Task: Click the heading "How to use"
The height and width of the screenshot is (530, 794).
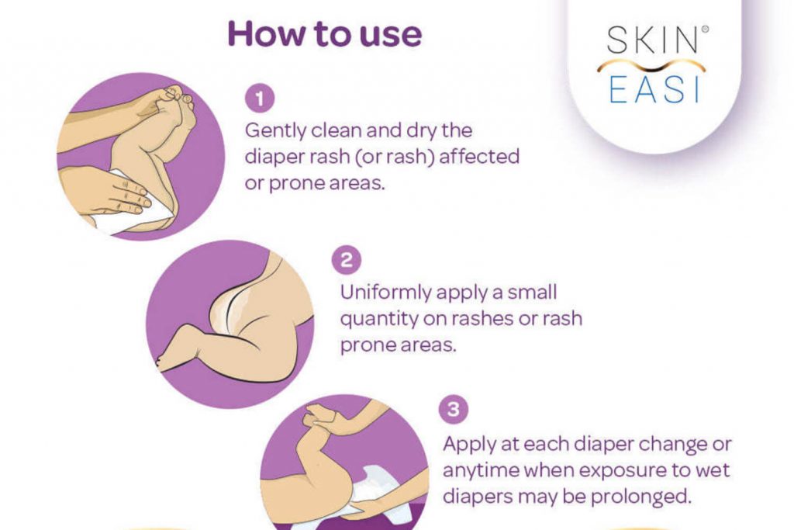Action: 325,33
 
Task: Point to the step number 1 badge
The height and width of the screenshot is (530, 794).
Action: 254,99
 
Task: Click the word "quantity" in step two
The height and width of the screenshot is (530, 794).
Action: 376,318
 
